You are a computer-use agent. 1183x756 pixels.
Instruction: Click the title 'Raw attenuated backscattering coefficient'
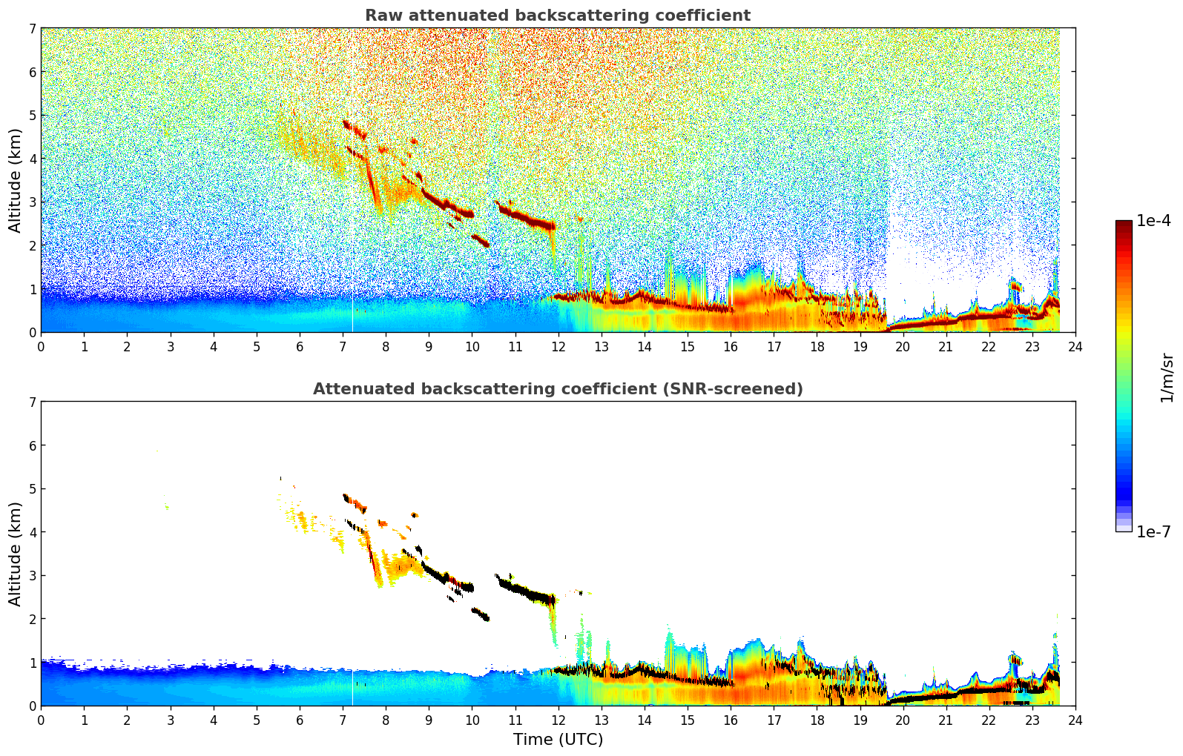pos(557,16)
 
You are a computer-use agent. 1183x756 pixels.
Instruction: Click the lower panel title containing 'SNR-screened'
pos(557,389)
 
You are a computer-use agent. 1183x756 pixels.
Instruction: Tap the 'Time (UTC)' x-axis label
pos(558,740)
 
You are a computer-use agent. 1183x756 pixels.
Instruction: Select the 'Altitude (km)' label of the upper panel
pos(16,180)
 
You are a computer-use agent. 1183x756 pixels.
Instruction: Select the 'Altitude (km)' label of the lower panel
pos(16,554)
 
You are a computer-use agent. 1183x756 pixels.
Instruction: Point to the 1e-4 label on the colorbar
pos(1153,221)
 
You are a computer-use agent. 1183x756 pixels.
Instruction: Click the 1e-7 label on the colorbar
pos(1153,531)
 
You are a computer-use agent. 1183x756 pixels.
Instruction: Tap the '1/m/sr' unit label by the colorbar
pos(1167,377)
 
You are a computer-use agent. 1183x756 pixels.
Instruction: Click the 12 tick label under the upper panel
pos(558,347)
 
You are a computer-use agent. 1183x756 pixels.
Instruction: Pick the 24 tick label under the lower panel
pos(1075,720)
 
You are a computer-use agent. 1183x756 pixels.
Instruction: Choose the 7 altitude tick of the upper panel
pos(32,28)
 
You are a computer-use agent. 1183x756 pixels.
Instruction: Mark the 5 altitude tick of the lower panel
pos(32,489)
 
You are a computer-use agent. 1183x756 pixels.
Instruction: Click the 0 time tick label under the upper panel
pos(41,347)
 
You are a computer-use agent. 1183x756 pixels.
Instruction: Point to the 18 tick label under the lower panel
pos(817,720)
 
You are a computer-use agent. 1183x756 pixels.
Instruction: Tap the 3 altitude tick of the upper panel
pos(32,202)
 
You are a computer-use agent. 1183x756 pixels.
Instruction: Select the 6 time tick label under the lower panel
pos(300,720)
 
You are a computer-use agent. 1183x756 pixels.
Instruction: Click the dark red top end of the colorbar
pos(1123,223)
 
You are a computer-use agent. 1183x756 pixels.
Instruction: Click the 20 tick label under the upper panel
pos(903,347)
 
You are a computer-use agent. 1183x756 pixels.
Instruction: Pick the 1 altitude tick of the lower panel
pos(32,663)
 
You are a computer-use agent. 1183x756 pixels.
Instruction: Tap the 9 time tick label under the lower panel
pos(429,720)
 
